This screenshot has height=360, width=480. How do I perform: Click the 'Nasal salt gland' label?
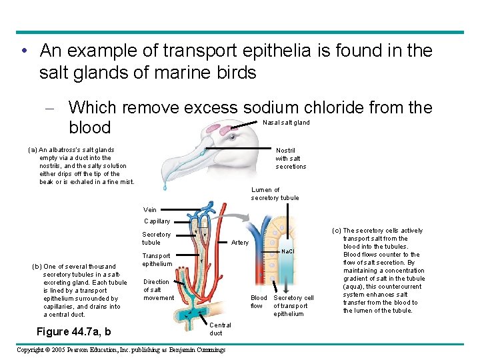(286, 123)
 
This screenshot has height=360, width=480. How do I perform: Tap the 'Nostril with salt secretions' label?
(291, 159)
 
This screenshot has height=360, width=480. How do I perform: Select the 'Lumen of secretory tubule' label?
(275, 194)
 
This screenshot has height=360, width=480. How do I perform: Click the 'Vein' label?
(150, 210)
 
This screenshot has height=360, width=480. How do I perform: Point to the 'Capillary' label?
(157, 221)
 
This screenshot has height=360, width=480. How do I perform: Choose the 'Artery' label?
(239, 243)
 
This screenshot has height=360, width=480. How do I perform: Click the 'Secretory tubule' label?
(156, 239)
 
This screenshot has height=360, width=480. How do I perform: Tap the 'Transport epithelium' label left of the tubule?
(156, 260)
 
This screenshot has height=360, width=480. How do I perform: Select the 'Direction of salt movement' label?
(158, 290)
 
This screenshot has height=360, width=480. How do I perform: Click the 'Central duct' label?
(220, 329)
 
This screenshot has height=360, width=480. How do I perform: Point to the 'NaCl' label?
(288, 251)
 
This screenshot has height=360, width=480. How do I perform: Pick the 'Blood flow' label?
(258, 302)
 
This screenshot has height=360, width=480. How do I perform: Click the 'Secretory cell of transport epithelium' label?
(293, 306)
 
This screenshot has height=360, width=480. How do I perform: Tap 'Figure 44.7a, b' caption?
(73, 332)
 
